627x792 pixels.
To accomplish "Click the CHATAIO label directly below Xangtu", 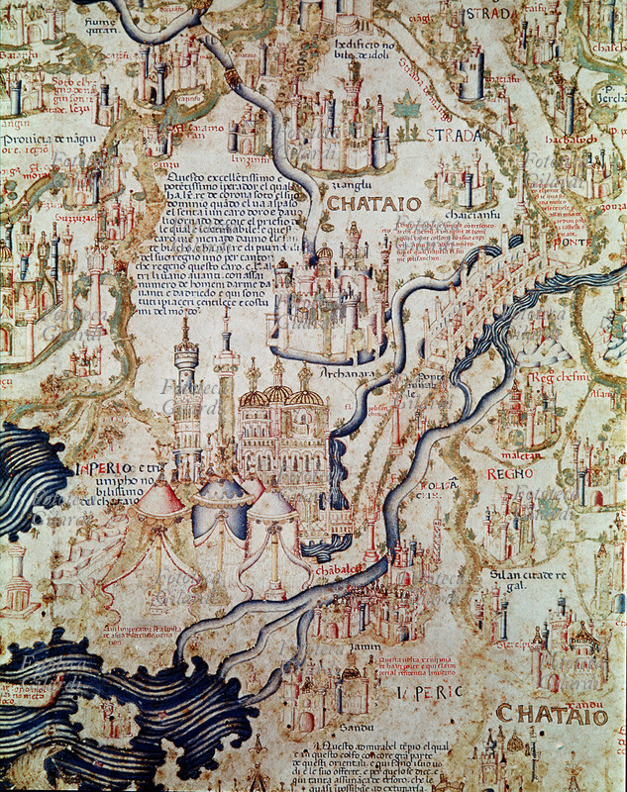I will tap(373, 204).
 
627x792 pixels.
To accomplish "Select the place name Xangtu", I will tap(351, 184).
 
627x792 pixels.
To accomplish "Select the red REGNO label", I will tap(511, 474).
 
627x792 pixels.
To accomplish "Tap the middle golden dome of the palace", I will tap(277, 395).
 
